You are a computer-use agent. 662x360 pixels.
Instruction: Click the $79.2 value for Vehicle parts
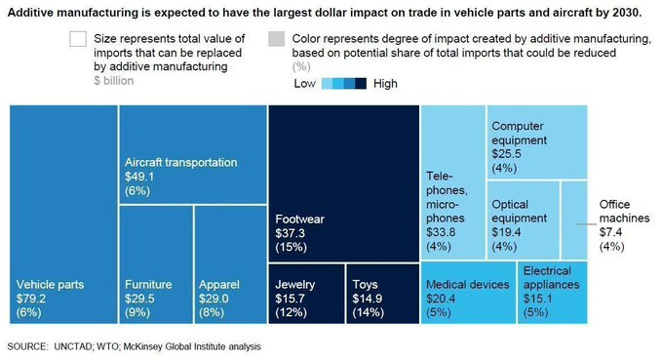[31, 299]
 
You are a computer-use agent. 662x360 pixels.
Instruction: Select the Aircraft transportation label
[180, 163]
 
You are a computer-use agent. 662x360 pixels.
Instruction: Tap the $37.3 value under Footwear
[290, 233]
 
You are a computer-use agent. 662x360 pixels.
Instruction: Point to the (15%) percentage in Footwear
[291, 247]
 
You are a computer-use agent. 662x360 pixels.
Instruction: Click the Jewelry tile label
[295, 285]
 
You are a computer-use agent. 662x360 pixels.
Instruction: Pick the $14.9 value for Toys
[368, 299]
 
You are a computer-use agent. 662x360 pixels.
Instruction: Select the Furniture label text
[148, 284]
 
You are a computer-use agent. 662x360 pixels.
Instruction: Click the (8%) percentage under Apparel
[212, 312]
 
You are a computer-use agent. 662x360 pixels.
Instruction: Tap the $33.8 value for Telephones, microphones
[441, 232]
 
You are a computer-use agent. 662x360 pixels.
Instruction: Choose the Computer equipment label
[519, 133]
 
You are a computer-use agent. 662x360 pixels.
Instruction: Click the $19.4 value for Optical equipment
[506, 232]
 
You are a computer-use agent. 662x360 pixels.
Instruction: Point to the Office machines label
[624, 212]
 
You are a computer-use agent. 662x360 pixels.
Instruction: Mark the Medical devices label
[468, 285]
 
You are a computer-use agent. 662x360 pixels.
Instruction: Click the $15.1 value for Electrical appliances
[537, 299]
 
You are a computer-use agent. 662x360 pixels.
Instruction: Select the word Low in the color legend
[304, 84]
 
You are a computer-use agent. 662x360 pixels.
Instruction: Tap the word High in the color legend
[385, 84]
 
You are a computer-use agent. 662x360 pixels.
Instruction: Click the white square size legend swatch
[78, 39]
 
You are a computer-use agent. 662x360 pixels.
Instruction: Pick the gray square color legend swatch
[277, 39]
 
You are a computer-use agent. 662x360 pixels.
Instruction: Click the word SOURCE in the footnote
[27, 347]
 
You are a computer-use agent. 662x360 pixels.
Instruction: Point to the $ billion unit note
[113, 81]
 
